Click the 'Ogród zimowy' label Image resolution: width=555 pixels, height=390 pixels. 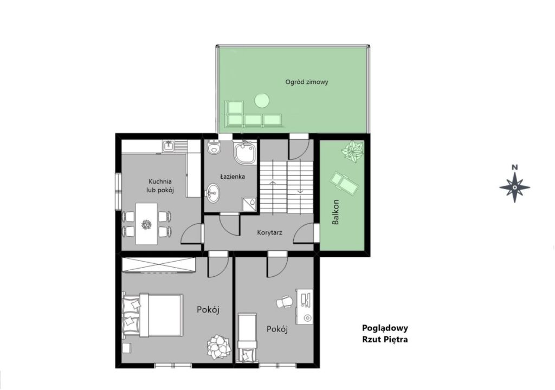[307, 82]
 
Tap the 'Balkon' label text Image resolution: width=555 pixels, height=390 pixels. [335, 212]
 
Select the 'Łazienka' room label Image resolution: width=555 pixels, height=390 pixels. [233, 176]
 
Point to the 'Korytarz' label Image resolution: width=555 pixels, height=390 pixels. [270, 232]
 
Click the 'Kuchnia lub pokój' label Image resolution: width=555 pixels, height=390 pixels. [160, 186]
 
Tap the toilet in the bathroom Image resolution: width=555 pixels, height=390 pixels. [214, 147]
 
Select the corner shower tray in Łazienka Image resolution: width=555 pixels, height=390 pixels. [244, 153]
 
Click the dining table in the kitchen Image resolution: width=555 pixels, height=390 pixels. [146, 223]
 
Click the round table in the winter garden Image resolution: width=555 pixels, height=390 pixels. [262, 100]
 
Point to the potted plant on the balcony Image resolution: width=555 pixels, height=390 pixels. [352, 151]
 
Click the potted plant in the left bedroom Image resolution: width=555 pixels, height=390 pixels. [217, 347]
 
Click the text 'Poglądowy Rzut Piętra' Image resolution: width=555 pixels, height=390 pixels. [385, 334]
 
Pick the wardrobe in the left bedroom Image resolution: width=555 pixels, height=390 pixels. [159, 265]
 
